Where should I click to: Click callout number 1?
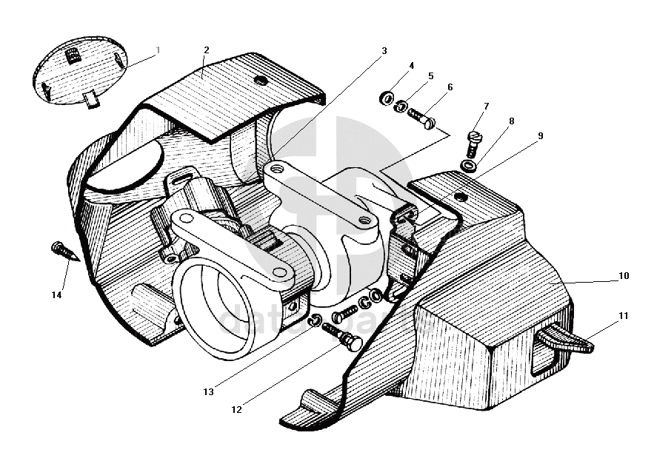158,50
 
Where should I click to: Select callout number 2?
206,50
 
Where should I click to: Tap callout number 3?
384,51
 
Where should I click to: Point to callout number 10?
624,276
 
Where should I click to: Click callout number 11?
624,315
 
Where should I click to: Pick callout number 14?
56,295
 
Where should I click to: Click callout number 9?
541,135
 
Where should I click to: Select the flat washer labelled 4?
386,98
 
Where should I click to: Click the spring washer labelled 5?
401,107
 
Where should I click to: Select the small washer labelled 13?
314,320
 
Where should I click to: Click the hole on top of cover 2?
259,79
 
